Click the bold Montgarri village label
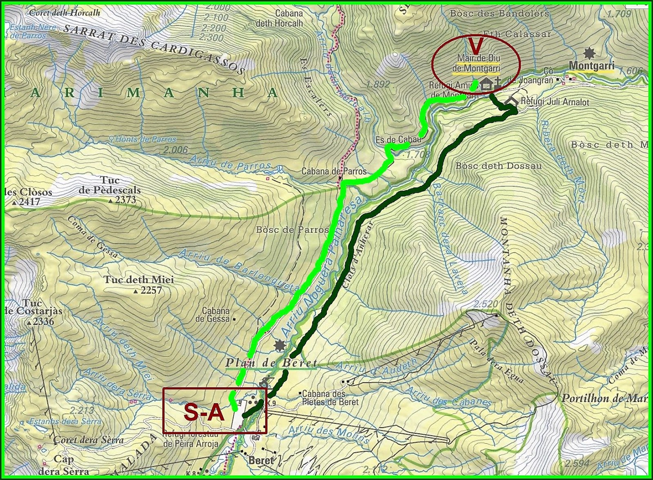point(591,65)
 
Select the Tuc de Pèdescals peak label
point(110,185)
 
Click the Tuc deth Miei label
point(138,280)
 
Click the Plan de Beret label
point(271,363)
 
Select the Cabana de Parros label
point(334,171)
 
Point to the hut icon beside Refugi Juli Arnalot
point(512,100)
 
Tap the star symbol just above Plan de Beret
point(280,346)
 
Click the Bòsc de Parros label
point(292,230)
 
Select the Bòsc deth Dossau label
point(498,166)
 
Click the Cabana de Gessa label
point(215,315)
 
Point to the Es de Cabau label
point(398,140)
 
